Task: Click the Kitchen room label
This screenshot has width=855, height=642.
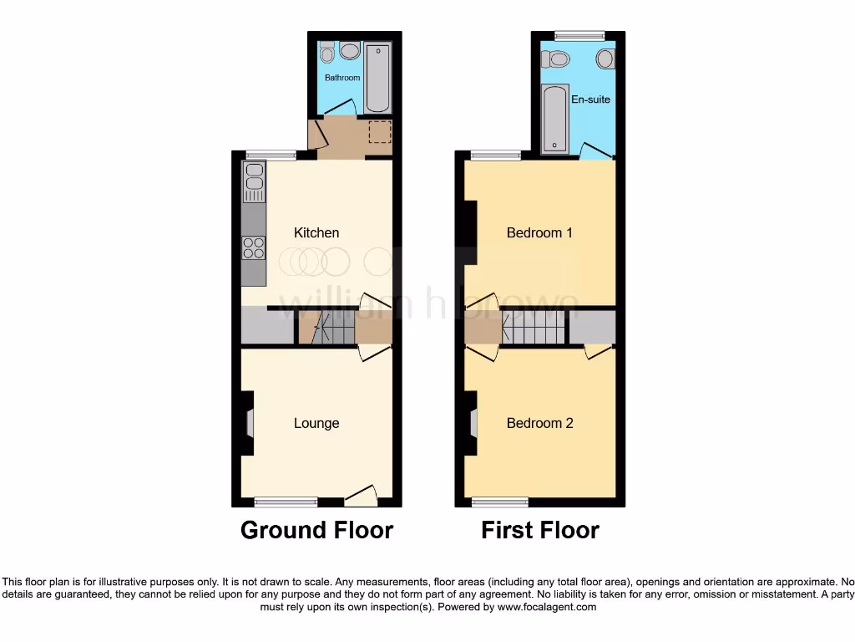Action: pyautogui.click(x=317, y=232)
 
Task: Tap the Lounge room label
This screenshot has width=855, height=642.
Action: pyautogui.click(x=316, y=423)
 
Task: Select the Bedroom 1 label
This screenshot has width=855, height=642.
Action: pyautogui.click(x=539, y=232)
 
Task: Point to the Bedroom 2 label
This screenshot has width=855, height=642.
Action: pyautogui.click(x=539, y=423)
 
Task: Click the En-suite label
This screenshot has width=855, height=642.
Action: pyautogui.click(x=590, y=99)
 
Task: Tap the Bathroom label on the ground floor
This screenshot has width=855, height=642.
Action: pyautogui.click(x=342, y=78)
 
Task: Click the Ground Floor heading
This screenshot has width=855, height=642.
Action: pyautogui.click(x=316, y=530)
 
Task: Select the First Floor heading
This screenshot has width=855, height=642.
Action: pyautogui.click(x=539, y=530)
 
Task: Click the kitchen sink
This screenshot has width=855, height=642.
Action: pyautogui.click(x=254, y=183)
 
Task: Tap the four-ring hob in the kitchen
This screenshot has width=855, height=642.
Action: pyautogui.click(x=254, y=247)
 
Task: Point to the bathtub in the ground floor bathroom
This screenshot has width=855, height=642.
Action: pyautogui.click(x=378, y=79)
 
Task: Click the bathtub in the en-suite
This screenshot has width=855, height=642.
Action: pyautogui.click(x=554, y=119)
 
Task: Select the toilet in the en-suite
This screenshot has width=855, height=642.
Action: pyautogui.click(x=554, y=59)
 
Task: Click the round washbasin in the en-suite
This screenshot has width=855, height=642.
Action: pyautogui.click(x=605, y=59)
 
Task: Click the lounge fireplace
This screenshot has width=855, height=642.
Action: pyautogui.click(x=249, y=424)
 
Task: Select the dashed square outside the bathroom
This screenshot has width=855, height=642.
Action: pyautogui.click(x=381, y=133)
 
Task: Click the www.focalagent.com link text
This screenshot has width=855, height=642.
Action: pyautogui.click(x=547, y=607)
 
